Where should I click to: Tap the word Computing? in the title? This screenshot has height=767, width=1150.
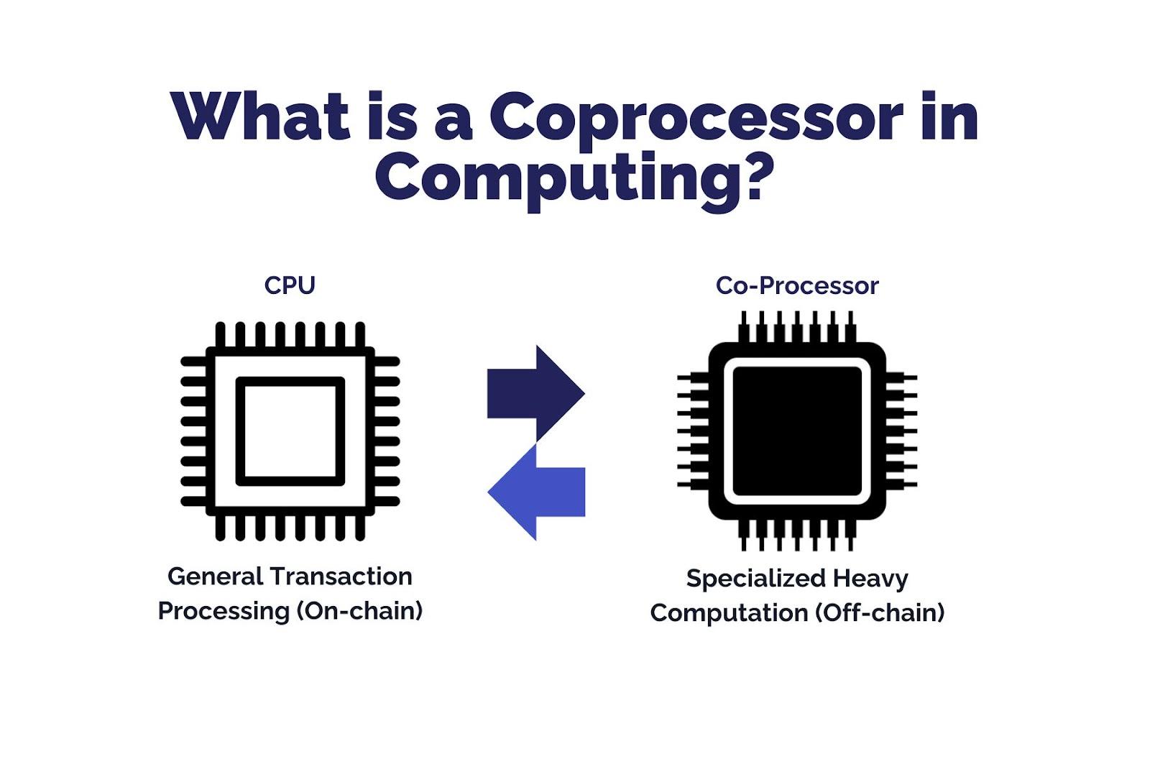574,180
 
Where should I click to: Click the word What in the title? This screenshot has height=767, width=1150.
260,115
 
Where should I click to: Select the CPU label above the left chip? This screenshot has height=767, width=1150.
290,285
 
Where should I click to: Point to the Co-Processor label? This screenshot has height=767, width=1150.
797,285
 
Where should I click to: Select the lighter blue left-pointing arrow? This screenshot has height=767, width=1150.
536,492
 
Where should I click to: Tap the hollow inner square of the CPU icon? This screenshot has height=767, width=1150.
290,381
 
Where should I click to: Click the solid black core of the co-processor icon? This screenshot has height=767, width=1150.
797,431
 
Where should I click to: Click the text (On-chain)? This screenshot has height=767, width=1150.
359,611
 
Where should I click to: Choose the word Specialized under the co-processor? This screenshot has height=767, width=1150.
757,579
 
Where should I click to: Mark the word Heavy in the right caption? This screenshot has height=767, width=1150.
870,579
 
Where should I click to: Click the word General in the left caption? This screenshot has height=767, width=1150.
215,577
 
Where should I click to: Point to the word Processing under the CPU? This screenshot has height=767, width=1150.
224,612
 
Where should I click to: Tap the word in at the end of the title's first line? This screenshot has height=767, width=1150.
949,115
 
